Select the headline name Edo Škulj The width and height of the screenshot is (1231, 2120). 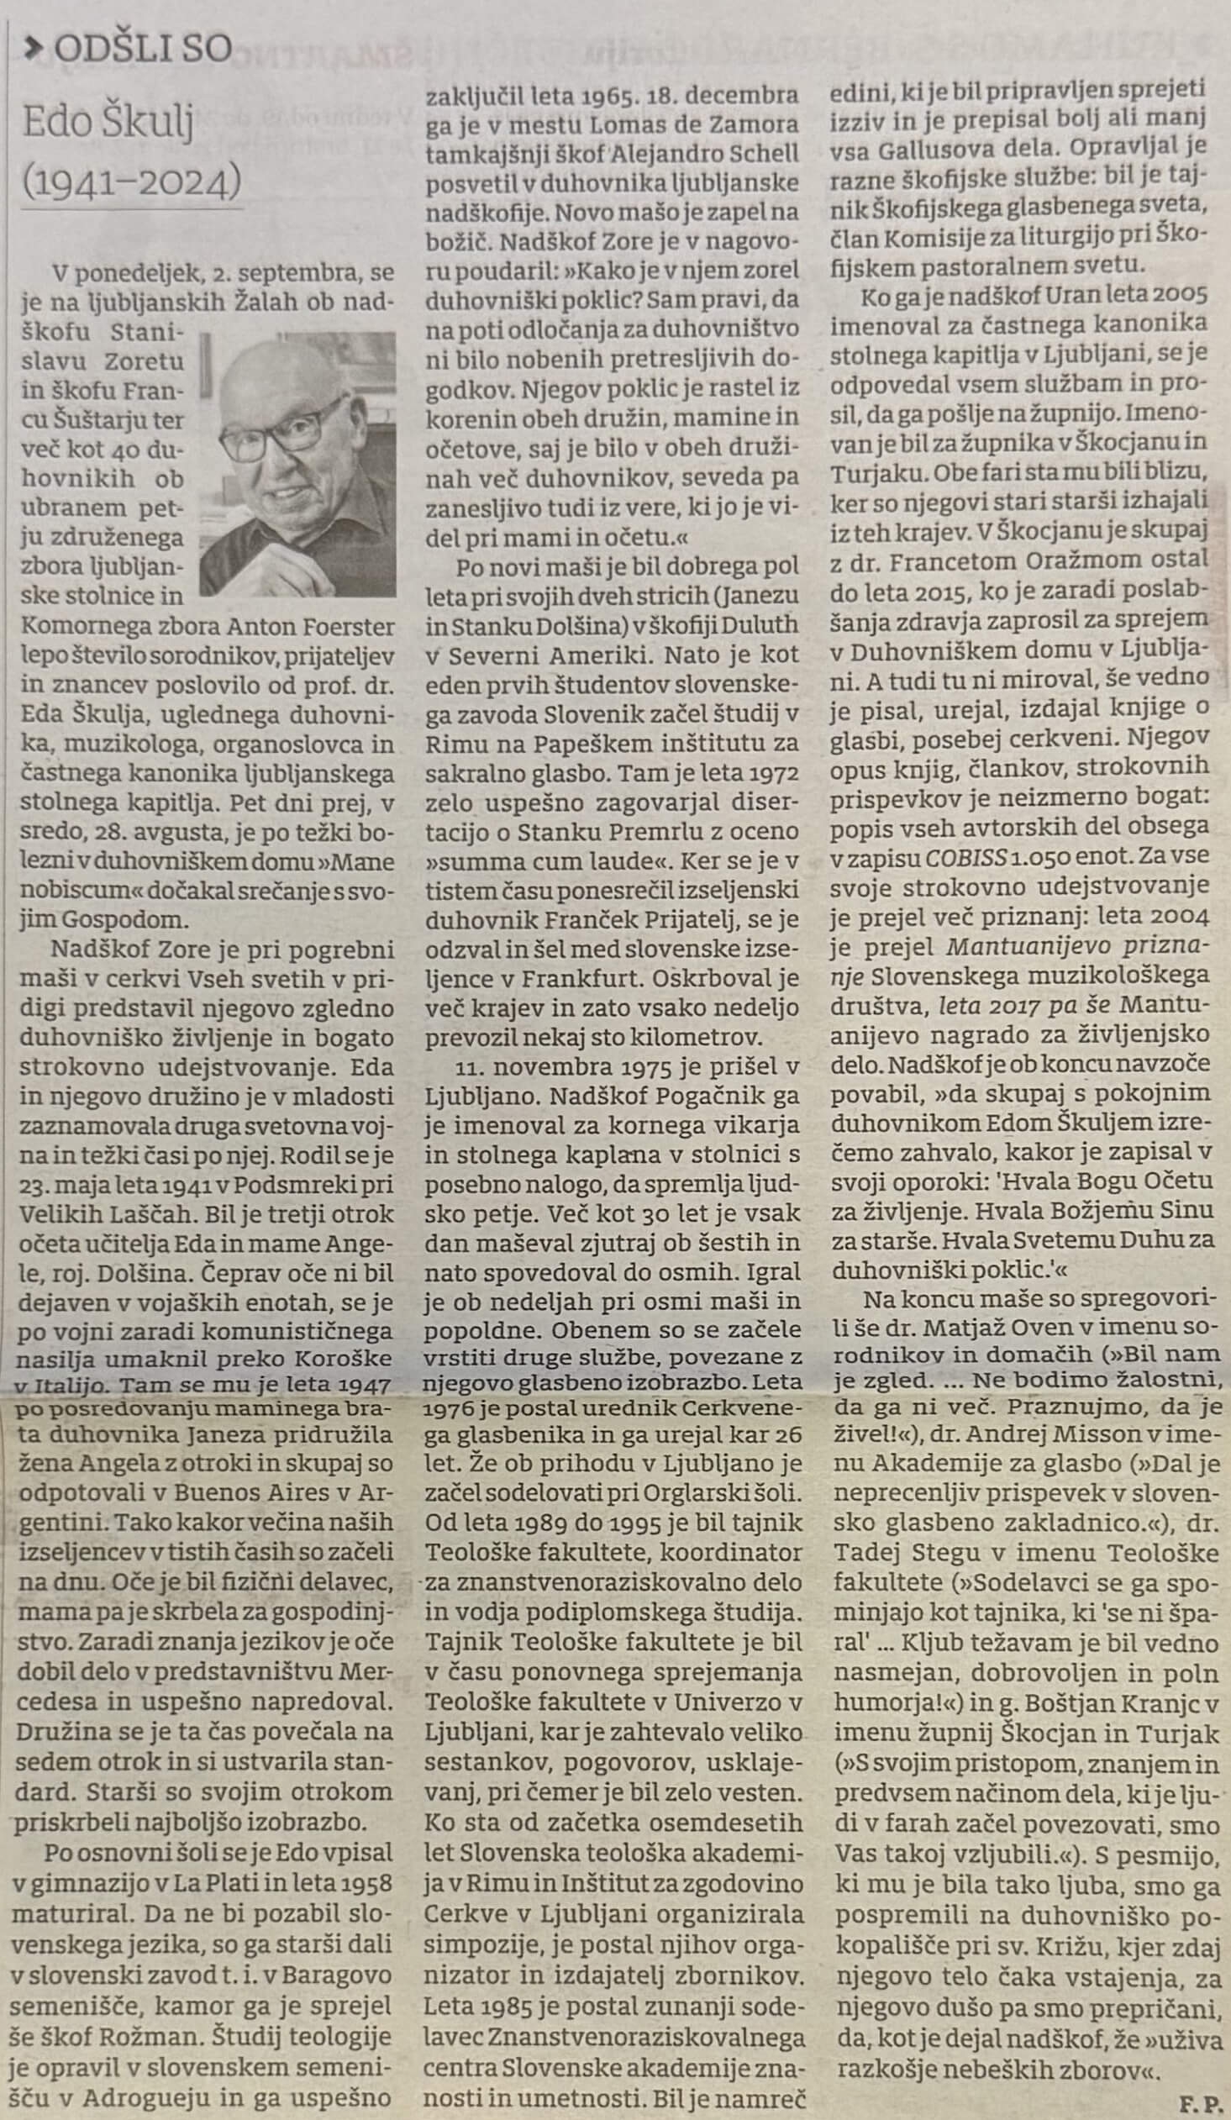[109, 123]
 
